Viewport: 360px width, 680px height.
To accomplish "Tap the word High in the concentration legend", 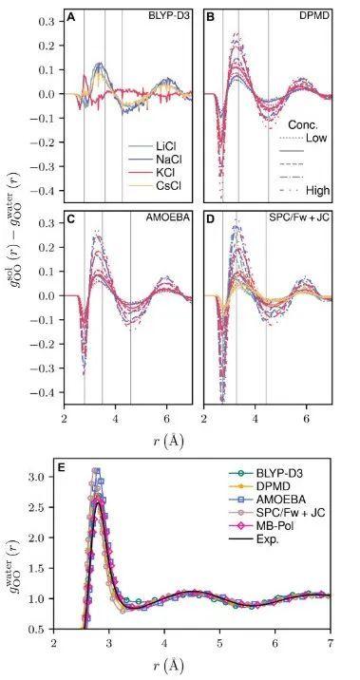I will tap(318, 190).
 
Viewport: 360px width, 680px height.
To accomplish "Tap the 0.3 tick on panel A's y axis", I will tap(45, 20).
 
